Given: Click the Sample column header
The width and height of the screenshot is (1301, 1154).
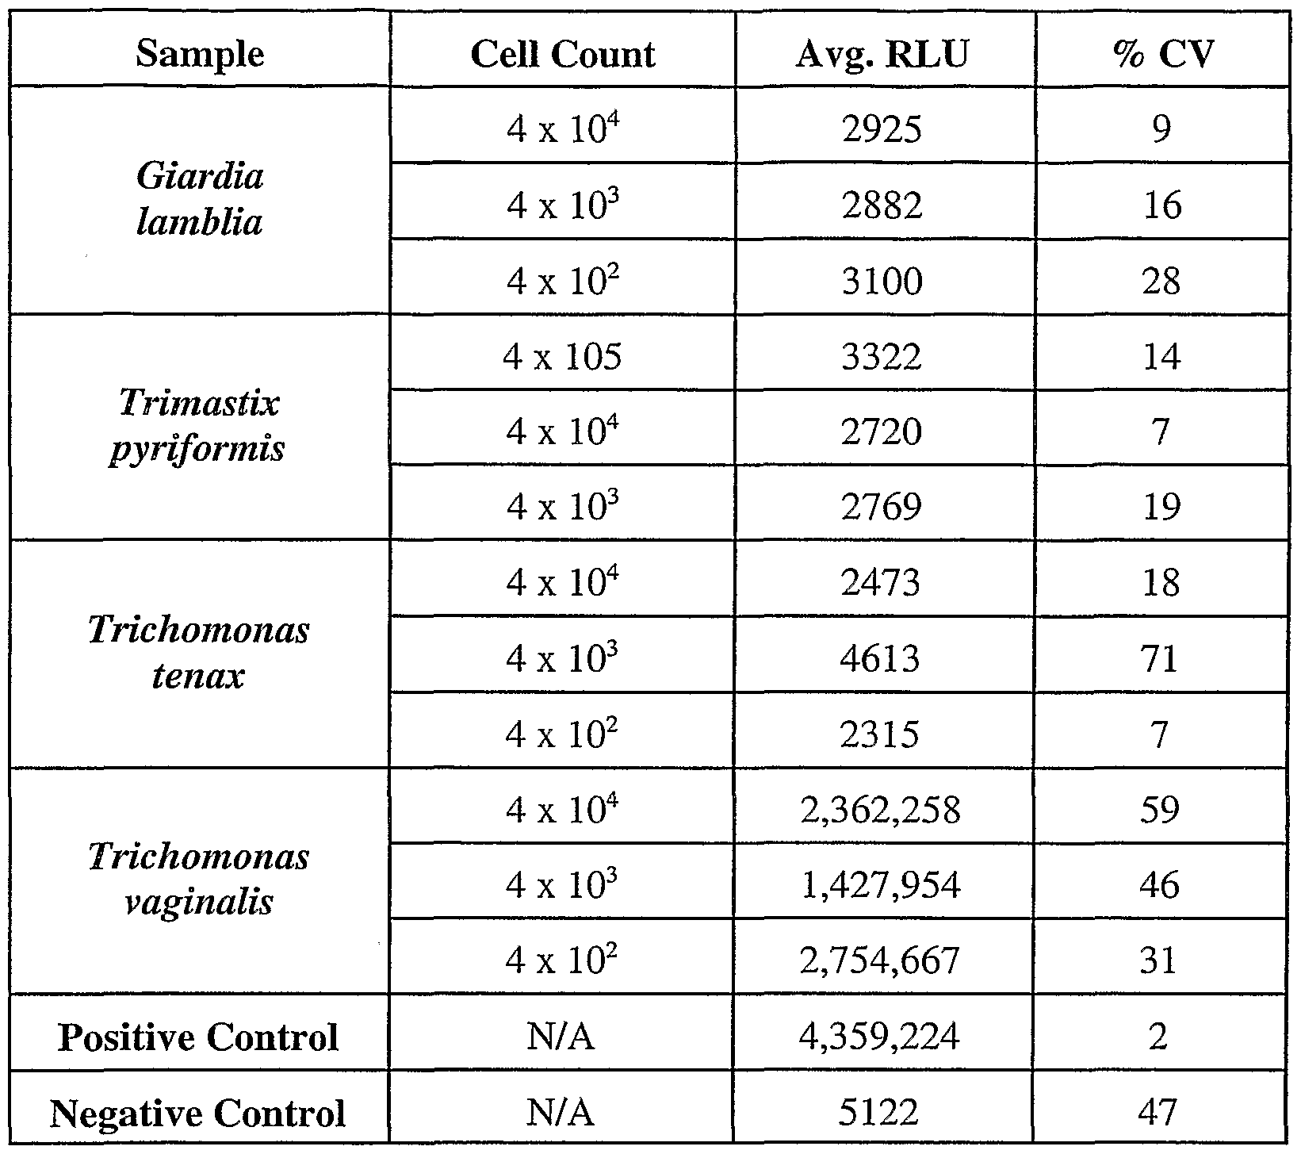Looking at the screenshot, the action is (200, 54).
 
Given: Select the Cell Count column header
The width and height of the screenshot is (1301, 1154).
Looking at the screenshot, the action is (562, 54).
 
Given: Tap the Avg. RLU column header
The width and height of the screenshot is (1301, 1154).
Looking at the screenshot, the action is (882, 54).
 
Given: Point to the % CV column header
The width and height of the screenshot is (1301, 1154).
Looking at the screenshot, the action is (1162, 54).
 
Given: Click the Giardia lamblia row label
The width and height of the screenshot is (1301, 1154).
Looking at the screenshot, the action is (200, 198).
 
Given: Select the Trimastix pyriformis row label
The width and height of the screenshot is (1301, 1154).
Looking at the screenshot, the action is (198, 426).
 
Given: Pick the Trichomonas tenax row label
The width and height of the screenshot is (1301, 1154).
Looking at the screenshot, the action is (198, 653).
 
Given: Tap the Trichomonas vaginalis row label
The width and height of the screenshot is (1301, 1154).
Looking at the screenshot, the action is (198, 879).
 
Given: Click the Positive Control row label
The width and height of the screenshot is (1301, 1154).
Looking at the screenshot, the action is (198, 1037).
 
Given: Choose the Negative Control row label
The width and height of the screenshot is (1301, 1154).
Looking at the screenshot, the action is (198, 1113).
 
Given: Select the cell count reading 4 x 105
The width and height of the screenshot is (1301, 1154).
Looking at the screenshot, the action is (562, 357).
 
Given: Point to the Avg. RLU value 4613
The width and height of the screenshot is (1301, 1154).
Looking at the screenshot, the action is (882, 658).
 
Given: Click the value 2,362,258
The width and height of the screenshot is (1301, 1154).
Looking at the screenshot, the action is (882, 810).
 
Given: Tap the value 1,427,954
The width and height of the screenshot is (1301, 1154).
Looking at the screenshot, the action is (882, 885).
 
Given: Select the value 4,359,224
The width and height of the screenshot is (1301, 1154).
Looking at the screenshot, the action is (882, 1036).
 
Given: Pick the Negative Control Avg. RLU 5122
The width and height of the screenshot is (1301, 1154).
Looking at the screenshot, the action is (882, 1112).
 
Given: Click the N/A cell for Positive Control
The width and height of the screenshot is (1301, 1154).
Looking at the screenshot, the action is (561, 1037).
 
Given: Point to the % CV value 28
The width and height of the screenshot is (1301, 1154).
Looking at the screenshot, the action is (1161, 282).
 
